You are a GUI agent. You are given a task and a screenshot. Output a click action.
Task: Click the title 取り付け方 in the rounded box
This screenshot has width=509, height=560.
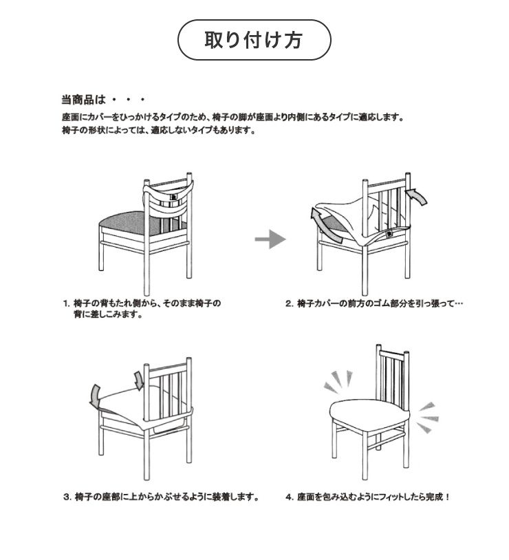pos(254,40)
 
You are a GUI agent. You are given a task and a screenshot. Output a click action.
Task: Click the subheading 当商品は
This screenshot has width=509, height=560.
pos(84,99)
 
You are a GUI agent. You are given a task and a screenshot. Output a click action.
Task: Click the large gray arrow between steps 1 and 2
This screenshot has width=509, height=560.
pos(270,239)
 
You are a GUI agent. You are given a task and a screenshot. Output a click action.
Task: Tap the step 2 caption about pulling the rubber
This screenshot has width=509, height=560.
pos(374,303)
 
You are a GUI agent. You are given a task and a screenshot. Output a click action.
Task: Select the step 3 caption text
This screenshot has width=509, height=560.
pos(161,497)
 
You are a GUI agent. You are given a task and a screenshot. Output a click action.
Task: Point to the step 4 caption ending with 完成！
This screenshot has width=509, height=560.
pos(367,497)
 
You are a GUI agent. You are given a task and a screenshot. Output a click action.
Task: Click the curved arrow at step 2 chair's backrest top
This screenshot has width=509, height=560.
pos(417,197)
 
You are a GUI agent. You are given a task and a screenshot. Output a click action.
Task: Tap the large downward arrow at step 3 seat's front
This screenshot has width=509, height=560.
pos(95,396)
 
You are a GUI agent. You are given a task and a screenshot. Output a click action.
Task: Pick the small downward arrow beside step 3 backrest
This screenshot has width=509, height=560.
pos(138,380)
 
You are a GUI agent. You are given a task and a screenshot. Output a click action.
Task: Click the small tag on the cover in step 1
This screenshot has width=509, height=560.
pos(173,197)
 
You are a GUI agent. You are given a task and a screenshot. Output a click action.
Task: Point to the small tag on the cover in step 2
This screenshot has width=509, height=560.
pos(389,234)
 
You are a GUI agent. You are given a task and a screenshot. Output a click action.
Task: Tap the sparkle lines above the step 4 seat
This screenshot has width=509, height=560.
pos(338,381)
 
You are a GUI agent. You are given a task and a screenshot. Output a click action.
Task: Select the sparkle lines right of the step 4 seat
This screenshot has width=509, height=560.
pos(428,418)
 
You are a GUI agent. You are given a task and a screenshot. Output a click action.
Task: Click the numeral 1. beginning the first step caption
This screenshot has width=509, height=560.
pos(67,303)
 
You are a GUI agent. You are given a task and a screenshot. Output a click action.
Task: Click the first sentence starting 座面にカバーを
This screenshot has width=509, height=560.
pos(232,117)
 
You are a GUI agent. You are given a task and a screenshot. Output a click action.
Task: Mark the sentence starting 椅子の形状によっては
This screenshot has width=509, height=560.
pos(160,130)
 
